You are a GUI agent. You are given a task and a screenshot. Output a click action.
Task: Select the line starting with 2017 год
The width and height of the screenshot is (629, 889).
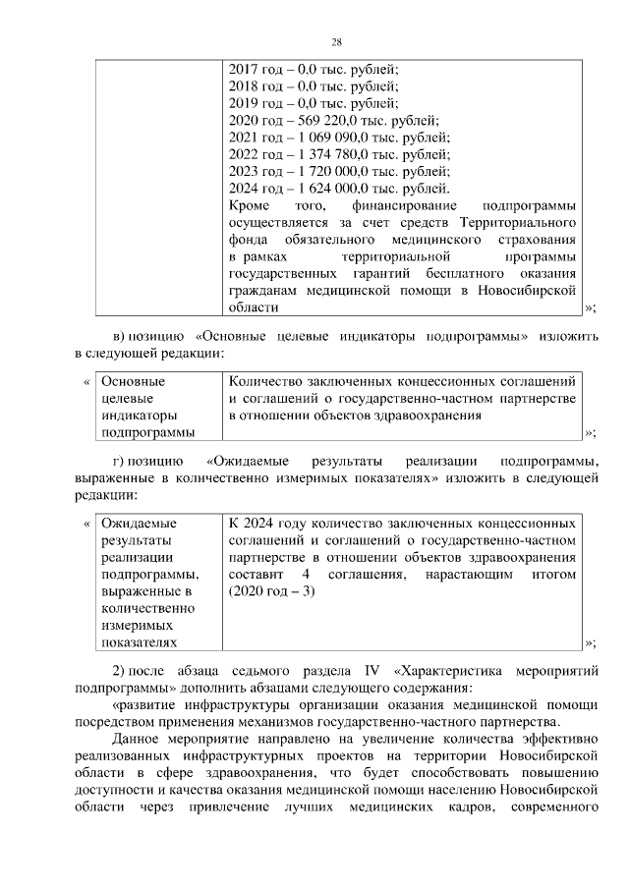pyautogui.click(x=314, y=70)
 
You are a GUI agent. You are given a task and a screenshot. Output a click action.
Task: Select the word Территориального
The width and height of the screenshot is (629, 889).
pyautogui.click(x=519, y=223)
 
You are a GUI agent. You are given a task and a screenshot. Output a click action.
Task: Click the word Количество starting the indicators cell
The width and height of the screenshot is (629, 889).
pyautogui.click(x=270, y=380)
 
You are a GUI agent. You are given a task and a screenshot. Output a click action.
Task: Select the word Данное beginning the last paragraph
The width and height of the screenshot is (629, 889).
pyautogui.click(x=139, y=739)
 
